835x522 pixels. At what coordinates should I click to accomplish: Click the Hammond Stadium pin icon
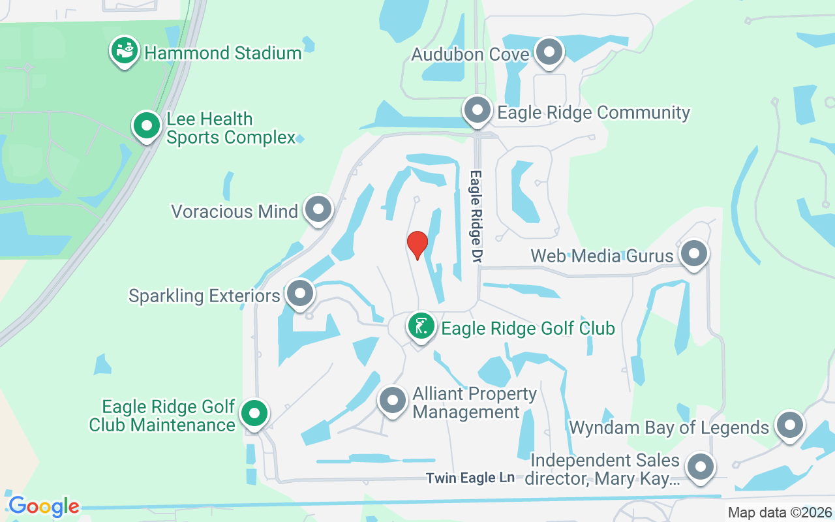pos(124,51)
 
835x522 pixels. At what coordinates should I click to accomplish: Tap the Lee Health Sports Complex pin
pos(147,125)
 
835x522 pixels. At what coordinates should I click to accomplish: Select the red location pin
pos(417,245)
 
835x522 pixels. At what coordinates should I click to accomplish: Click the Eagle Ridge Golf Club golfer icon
pos(421,326)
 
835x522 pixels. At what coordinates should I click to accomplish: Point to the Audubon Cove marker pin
pos(549,52)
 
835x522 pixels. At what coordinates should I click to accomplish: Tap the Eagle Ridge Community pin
pos(478,110)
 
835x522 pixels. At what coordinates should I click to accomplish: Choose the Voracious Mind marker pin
pos(318,209)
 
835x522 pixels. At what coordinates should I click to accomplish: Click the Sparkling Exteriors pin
pos(300,294)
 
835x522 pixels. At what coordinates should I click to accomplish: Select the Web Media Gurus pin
pos(693,254)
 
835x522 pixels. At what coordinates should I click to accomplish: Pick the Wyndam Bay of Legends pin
pos(789,425)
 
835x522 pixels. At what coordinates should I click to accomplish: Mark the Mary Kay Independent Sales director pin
pos(701,467)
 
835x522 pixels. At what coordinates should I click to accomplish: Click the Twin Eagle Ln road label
pos(470,478)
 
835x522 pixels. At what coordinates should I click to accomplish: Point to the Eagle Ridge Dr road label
pos(476,217)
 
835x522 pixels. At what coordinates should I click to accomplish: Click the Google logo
pos(44,506)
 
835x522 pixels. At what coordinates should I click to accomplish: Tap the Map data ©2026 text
pos(780,513)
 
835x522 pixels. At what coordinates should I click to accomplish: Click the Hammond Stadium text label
pos(222,52)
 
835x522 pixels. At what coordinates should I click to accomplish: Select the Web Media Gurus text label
pos(601,255)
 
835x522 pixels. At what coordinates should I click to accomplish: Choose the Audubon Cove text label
pos(470,54)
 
